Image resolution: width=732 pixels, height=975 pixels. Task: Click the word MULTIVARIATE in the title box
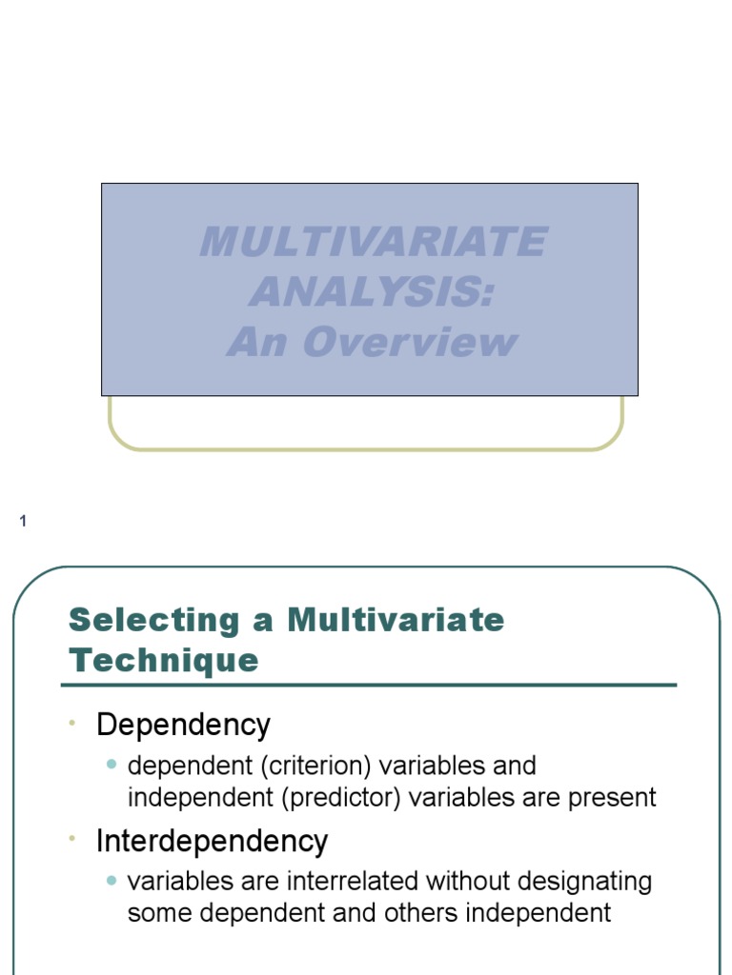(373, 242)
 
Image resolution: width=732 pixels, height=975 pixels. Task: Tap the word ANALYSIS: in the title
(373, 292)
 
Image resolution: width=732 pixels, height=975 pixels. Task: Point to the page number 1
(23, 521)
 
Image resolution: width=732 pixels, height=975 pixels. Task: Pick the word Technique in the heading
(164, 660)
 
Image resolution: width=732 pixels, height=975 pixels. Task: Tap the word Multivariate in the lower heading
(396, 620)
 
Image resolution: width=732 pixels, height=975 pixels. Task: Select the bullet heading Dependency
(183, 726)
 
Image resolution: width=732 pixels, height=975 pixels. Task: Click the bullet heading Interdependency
(212, 841)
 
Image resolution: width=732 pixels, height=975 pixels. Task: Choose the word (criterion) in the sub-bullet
(306, 766)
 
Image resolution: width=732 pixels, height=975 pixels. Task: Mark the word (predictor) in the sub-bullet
(342, 797)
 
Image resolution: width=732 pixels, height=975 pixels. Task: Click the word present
(612, 797)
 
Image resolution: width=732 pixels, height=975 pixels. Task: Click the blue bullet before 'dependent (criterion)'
(112, 765)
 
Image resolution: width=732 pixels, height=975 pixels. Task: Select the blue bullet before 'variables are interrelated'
(112, 881)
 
